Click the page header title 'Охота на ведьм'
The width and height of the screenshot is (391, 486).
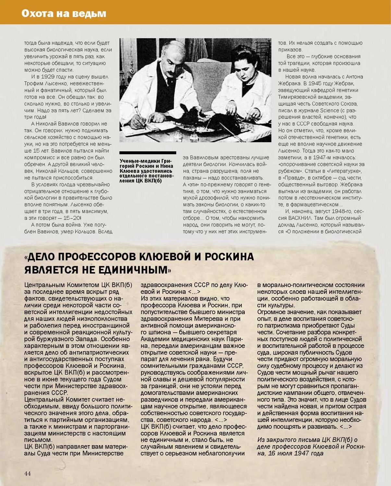tap(64, 13)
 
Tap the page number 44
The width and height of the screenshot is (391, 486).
tap(28, 473)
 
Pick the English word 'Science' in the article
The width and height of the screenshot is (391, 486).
tap(330, 110)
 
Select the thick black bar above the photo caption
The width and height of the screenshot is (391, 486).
tap(148, 153)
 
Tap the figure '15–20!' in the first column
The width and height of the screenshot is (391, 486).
tap(72, 218)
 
